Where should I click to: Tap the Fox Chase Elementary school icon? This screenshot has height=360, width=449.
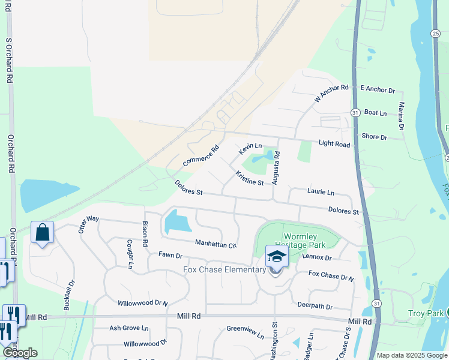click(277, 256)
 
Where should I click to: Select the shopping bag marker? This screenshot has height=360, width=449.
click(42, 232)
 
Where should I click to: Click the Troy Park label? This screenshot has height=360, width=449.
click(425, 313)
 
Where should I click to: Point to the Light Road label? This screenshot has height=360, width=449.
click(334, 145)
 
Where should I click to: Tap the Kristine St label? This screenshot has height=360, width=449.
click(250, 178)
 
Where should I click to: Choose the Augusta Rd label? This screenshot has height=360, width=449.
click(277, 167)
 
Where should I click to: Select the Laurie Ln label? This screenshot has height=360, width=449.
click(321, 192)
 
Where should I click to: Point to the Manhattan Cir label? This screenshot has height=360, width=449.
click(216, 244)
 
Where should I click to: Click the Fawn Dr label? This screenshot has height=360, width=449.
click(170, 256)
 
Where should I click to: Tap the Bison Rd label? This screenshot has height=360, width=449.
click(145, 235)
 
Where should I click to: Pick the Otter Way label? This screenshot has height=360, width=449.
click(87, 224)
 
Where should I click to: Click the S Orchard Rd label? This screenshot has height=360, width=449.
click(9, 61)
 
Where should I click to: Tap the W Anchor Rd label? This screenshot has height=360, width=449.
click(331, 93)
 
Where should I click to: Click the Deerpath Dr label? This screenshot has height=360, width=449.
click(311, 306)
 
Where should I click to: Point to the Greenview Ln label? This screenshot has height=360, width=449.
click(245, 329)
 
